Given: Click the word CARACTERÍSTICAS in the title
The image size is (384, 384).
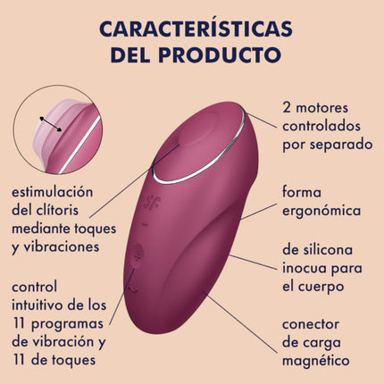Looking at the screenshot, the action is [196, 29].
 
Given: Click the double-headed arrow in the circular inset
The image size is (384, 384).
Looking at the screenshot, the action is [51, 124].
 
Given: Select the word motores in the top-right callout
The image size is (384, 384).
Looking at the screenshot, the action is [322, 108].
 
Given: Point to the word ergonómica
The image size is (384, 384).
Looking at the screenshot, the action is [321, 212].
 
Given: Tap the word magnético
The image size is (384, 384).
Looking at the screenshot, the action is [316, 362].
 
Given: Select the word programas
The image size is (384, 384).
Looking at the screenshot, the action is [67, 325].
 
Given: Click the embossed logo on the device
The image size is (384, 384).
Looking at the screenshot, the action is [152, 202].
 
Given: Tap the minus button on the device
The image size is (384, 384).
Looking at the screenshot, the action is [146, 224].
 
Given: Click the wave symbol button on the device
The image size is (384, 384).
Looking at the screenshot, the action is [132, 288].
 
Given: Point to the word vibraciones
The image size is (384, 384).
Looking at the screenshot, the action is [61, 247].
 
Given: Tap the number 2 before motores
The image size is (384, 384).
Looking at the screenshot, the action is [287, 108].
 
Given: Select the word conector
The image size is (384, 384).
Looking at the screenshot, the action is [311, 324].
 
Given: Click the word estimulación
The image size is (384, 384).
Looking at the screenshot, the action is [53, 192].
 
